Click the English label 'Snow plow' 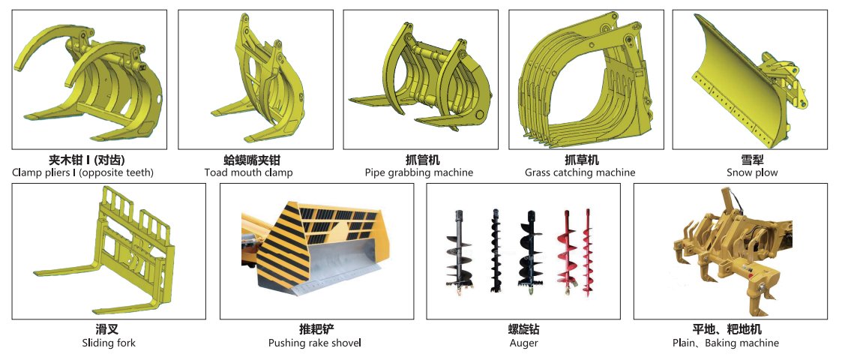752,172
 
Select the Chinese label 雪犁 752,160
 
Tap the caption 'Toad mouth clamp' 248,172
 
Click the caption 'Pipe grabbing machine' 419,172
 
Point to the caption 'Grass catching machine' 580,172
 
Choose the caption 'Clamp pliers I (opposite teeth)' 82,172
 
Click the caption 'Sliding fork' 109,343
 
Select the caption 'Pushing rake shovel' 315,343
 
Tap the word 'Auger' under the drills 523,343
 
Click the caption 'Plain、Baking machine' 725,343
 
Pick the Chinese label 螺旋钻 523,329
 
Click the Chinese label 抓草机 581,160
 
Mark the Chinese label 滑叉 109,329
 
